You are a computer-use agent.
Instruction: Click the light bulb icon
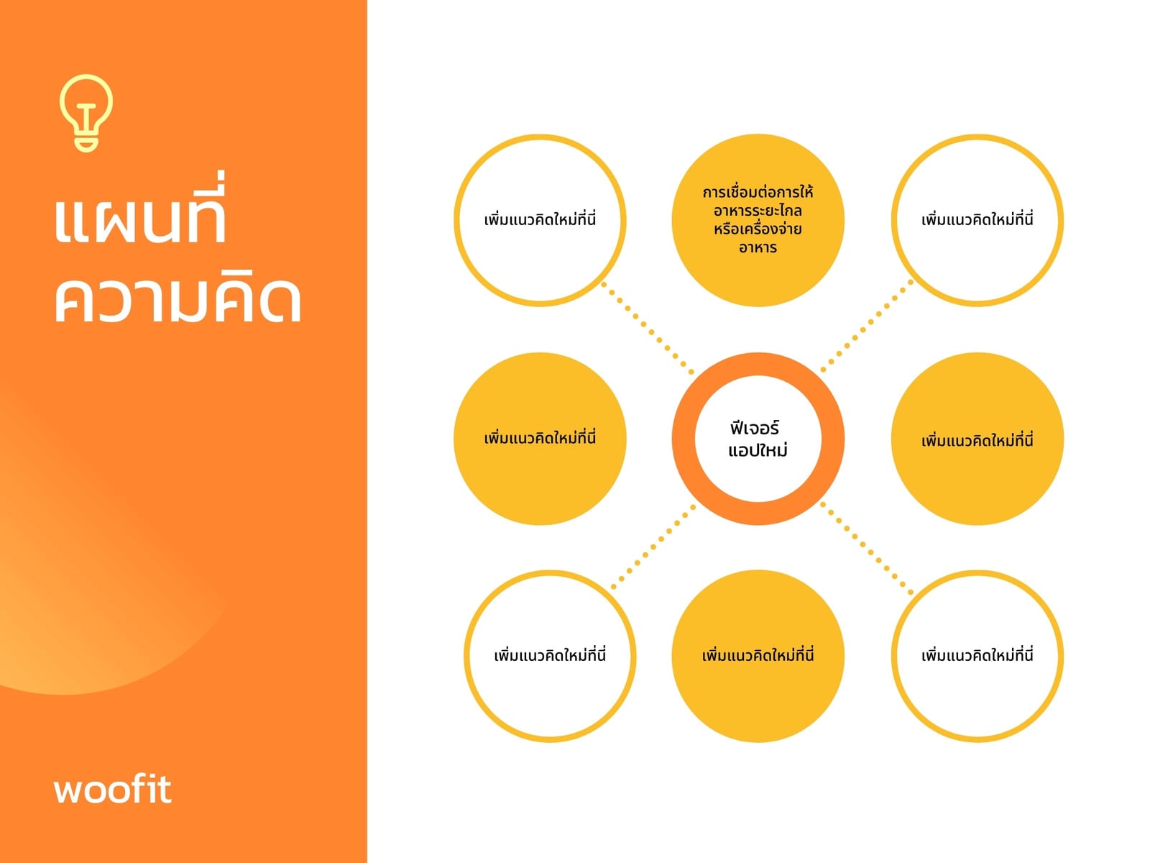(x=86, y=113)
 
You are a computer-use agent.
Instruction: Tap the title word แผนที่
(x=140, y=209)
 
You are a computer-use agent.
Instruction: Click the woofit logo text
(x=113, y=789)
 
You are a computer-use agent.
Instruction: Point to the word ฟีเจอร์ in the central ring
(x=755, y=427)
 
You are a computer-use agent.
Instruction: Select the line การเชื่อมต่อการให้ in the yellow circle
(x=758, y=192)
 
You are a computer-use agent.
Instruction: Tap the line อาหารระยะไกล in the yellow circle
(x=758, y=211)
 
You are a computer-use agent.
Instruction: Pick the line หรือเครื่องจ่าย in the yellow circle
(x=758, y=229)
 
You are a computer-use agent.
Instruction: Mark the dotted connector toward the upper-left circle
(x=648, y=328)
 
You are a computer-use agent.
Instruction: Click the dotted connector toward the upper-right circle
(x=867, y=326)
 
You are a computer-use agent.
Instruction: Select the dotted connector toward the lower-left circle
(x=653, y=546)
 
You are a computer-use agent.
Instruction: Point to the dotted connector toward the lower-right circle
(x=867, y=549)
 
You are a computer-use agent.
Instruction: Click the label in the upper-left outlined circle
(x=540, y=219)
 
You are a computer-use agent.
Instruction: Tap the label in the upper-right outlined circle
(x=977, y=219)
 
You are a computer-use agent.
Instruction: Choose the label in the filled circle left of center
(x=540, y=437)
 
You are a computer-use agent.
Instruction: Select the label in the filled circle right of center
(x=977, y=440)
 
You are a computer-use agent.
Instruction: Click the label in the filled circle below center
(x=758, y=655)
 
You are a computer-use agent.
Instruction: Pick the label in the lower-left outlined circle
(x=550, y=655)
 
